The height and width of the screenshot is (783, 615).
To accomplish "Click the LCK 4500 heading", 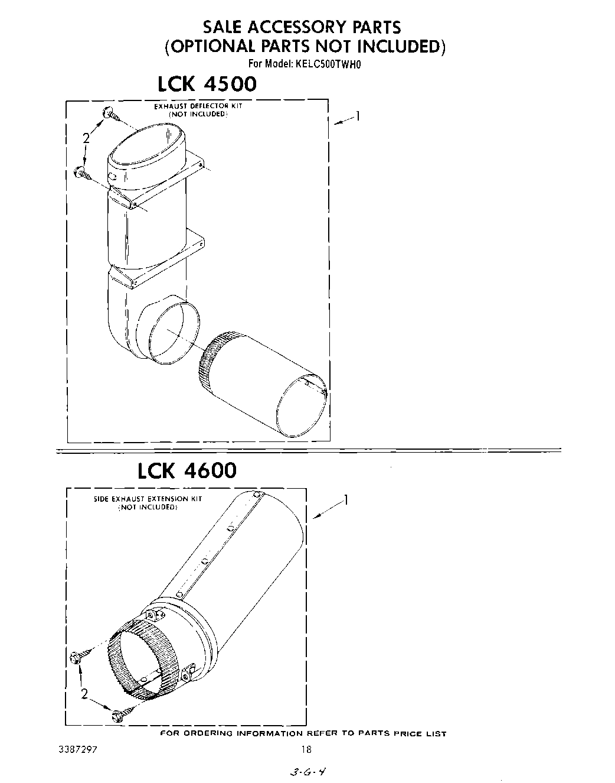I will (207, 84).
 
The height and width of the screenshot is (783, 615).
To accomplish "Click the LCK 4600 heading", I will (187, 470).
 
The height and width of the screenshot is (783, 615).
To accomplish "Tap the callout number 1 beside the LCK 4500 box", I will (356, 116).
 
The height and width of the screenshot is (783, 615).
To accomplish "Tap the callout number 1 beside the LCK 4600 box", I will (346, 501).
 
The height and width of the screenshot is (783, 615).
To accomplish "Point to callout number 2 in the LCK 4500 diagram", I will (86, 138).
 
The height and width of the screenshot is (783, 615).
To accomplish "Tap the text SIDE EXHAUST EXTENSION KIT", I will (148, 499).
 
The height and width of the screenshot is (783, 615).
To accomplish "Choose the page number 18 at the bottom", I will (306, 749).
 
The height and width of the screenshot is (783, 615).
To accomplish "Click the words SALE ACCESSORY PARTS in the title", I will (302, 27).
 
